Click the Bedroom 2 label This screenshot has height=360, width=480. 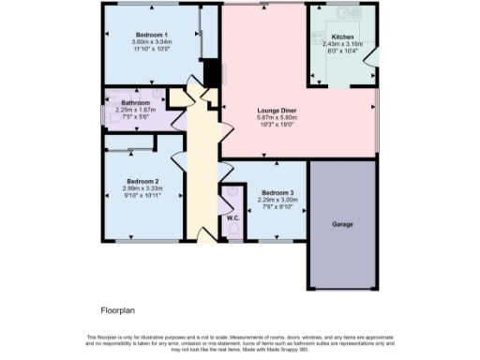click(143, 181)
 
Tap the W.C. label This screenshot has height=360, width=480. click(232, 217)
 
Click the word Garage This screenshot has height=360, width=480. click(341, 225)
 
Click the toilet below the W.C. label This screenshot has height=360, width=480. click(233, 230)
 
